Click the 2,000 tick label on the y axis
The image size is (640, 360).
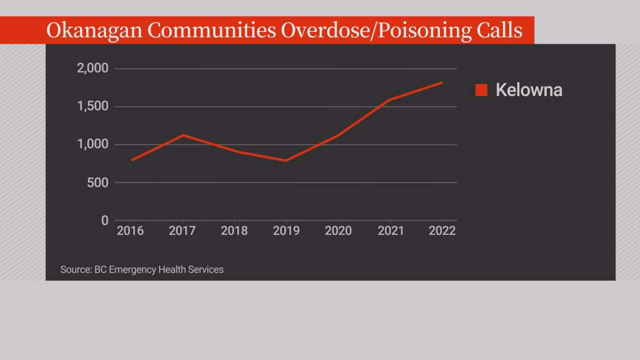click(x=93, y=69)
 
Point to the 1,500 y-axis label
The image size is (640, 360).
click(x=93, y=107)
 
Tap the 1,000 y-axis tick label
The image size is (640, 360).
click(x=93, y=145)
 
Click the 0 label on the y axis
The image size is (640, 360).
click(x=105, y=220)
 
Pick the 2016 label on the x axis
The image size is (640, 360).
click(x=130, y=231)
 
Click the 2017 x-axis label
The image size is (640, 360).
click(x=182, y=231)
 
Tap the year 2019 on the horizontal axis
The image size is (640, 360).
click(x=286, y=231)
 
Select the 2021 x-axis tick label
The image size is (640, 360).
click(x=390, y=231)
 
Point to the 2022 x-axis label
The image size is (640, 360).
click(x=442, y=231)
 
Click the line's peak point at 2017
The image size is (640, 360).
click(x=182, y=135)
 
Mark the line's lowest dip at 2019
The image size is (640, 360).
click(x=286, y=161)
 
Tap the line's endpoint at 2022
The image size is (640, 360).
click(x=442, y=83)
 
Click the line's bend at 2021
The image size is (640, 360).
click(x=390, y=100)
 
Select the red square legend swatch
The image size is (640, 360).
click(x=482, y=90)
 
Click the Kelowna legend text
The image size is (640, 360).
click(x=529, y=90)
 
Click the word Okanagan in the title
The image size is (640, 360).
click(x=93, y=30)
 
